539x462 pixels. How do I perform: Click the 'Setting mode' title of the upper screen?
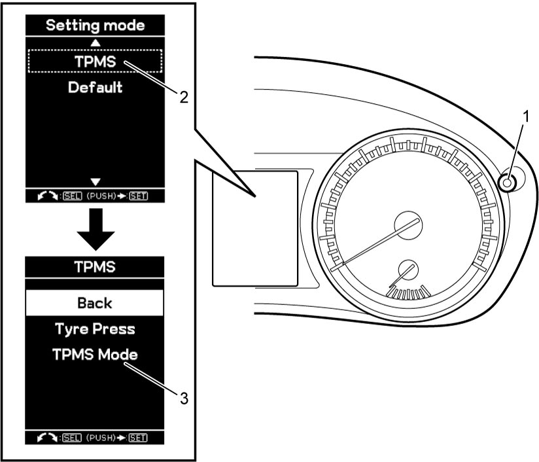pyautogui.click(x=96, y=26)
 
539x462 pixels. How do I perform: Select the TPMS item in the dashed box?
pyautogui.click(x=96, y=62)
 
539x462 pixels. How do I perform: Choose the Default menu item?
pyautogui.click(x=96, y=88)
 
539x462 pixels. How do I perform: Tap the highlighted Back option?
pyautogui.click(x=95, y=303)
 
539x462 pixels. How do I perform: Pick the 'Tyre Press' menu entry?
pyautogui.click(x=96, y=329)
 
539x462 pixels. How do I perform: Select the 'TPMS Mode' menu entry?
pyautogui.click(x=96, y=355)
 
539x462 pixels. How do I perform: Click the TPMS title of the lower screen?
pyautogui.click(x=95, y=267)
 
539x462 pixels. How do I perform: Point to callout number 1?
pyautogui.click(x=526, y=117)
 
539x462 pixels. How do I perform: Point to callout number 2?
pyautogui.click(x=184, y=98)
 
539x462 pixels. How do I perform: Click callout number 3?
pyautogui.click(x=184, y=399)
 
